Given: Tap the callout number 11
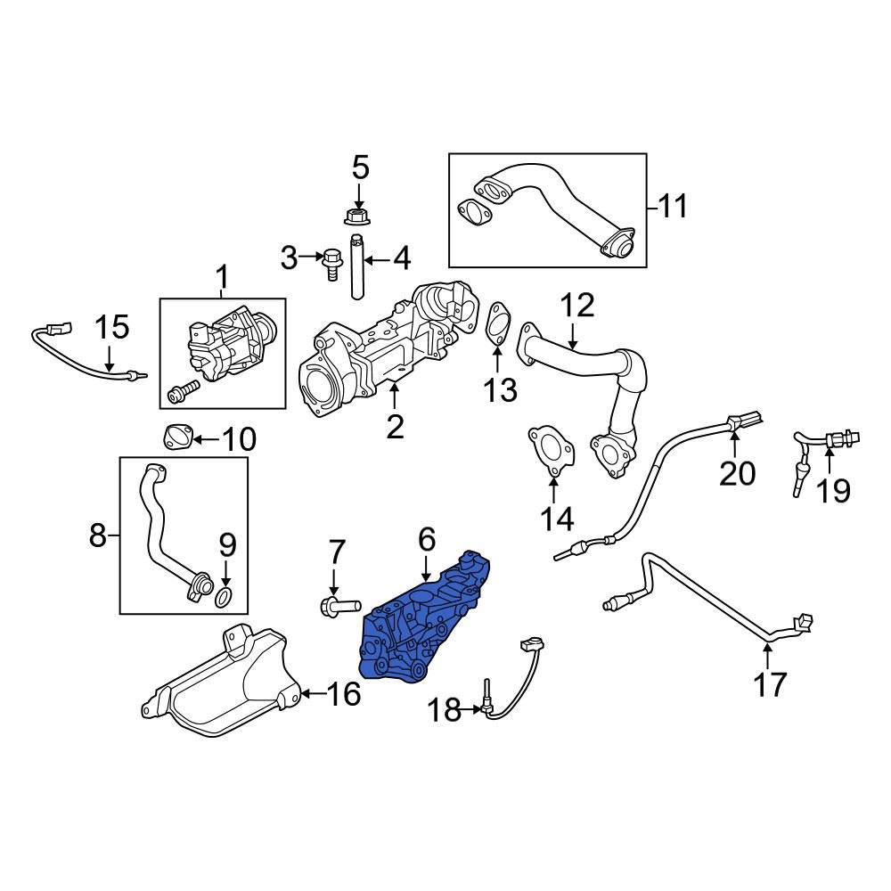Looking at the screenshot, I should click(x=674, y=207).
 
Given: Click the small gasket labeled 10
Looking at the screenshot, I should click(x=176, y=437).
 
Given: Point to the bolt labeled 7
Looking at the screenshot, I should click(x=335, y=607).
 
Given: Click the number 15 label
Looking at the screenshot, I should click(x=112, y=327).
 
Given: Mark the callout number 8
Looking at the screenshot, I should click(x=98, y=535).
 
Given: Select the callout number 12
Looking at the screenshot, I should click(x=576, y=307).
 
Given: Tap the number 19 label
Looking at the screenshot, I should click(x=835, y=489).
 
